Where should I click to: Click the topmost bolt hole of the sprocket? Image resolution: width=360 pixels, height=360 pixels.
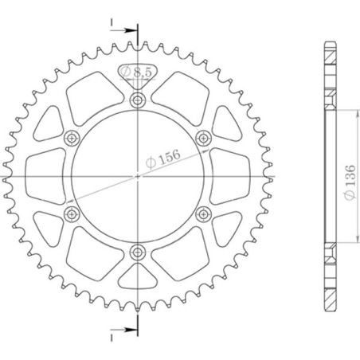point(139,100)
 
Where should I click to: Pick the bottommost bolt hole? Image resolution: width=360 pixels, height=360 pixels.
point(139,252)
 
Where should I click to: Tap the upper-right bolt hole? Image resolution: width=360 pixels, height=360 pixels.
point(204,137)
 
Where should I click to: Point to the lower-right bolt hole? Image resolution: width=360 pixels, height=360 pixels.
point(204,213)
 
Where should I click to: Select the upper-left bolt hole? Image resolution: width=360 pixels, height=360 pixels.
point(72,137)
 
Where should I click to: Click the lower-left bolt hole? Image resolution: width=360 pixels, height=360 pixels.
point(72,213)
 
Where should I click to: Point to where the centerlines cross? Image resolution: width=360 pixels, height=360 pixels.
point(139,175)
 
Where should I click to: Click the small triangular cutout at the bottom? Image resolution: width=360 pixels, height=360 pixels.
point(139,275)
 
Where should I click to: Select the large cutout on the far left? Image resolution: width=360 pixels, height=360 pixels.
point(44,175)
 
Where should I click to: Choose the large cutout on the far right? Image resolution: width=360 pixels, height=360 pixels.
point(233,175)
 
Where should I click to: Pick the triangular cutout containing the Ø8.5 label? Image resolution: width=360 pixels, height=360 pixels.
point(138,76)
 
